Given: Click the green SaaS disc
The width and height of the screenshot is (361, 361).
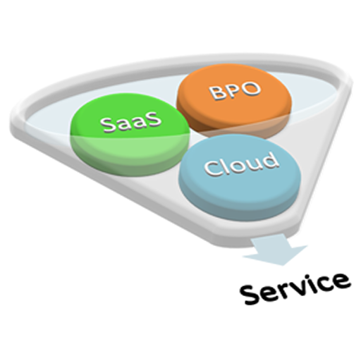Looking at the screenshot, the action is coord(130,136).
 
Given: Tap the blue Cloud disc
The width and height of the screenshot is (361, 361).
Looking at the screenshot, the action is coord(240,178).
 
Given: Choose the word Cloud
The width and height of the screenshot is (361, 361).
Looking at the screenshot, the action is coord(240,164).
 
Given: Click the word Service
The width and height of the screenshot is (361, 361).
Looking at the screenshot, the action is coord(295,288).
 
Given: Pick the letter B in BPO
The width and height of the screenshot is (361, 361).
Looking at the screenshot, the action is coord(217,93).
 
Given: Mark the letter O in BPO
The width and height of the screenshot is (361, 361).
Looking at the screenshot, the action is coord(252,89).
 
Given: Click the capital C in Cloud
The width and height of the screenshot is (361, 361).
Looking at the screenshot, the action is coord(213,168).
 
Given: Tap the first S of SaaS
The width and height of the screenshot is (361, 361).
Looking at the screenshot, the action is coord(108,126).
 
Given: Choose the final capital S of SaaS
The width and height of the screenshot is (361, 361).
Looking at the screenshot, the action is coord(154,118).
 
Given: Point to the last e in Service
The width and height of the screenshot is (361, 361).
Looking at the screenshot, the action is coord(341,280).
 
